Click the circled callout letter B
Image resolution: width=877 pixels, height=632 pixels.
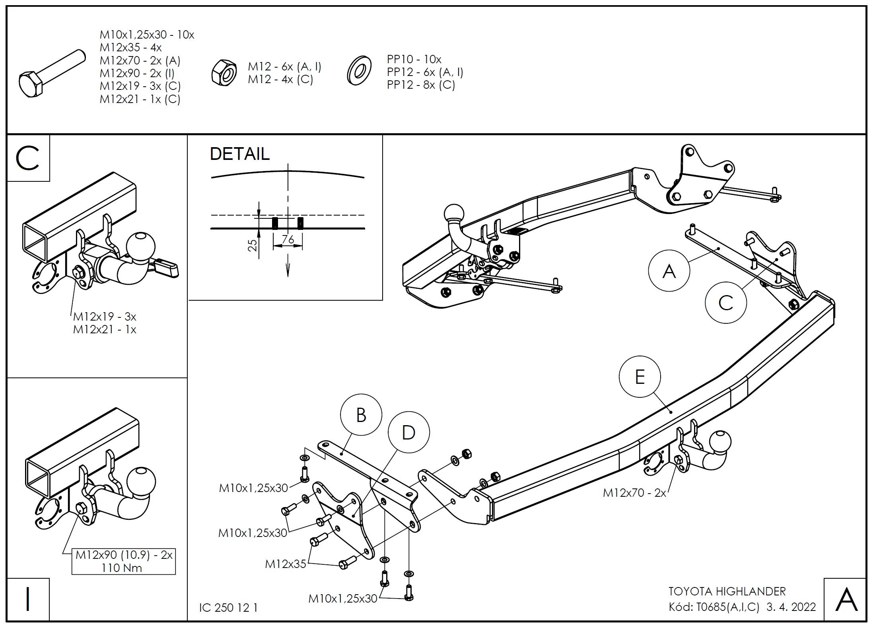point(361,415)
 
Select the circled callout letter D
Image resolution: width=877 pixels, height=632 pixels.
point(408,432)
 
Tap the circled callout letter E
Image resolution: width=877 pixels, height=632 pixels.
point(640,377)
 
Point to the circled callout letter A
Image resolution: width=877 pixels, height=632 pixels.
point(669,271)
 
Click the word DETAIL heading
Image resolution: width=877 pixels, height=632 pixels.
point(239,154)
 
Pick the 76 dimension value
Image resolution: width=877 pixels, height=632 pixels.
point(288,239)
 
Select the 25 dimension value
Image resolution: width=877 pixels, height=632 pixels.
point(253,245)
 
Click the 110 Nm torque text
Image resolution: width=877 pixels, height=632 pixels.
point(121,568)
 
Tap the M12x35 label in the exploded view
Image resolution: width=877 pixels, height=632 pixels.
point(286,564)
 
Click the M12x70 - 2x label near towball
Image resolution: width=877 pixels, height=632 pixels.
point(634,493)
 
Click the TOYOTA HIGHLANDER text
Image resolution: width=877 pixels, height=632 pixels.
point(727,591)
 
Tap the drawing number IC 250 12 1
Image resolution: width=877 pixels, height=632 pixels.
point(228,608)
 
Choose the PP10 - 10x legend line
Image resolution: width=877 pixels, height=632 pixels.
point(414,60)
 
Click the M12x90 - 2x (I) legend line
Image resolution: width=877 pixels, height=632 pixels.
point(137,73)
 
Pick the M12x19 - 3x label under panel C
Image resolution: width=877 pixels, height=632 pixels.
point(105,317)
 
